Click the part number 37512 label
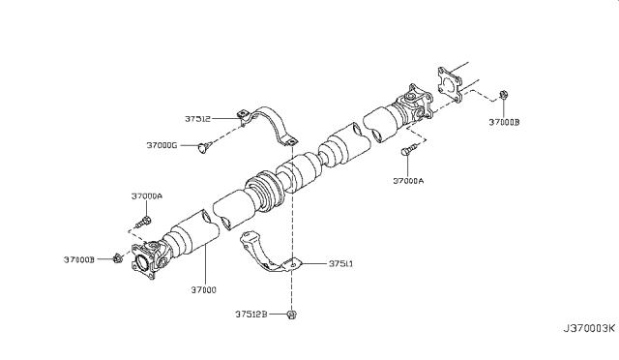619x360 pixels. [197, 119]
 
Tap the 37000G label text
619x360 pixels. [162, 145]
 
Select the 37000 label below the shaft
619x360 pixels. [204, 290]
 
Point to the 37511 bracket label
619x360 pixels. [340, 263]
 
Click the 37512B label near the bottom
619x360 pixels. [251, 315]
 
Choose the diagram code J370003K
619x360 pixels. [589, 328]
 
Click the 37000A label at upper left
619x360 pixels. [147, 196]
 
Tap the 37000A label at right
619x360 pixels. [408, 181]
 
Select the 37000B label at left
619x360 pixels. [79, 259]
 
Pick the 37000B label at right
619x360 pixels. [505, 122]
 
